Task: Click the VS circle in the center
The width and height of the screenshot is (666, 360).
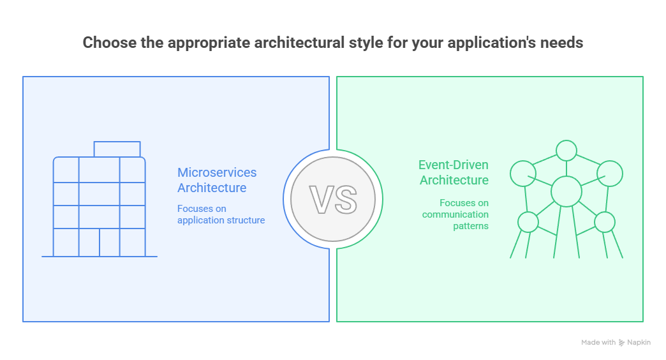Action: coord(333,199)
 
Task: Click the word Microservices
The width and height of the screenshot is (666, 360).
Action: coord(217,172)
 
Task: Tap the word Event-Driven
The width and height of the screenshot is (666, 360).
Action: coord(454,165)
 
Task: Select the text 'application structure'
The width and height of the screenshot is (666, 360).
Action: coord(221,220)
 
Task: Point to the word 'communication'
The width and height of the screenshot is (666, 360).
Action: coord(455,214)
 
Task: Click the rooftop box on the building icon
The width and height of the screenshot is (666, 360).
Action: coord(117,149)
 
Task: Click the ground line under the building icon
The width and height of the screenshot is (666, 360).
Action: coord(100,257)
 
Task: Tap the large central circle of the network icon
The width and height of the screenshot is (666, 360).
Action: coord(566,190)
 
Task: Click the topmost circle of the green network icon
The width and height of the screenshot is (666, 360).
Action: coord(566,151)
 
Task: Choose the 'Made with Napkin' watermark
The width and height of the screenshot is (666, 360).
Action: coord(616,343)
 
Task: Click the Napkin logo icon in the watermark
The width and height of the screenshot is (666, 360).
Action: coord(621,343)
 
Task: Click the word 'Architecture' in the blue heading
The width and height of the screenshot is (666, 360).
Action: coord(212,188)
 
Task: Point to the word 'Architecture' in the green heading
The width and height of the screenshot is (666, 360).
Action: coord(454,181)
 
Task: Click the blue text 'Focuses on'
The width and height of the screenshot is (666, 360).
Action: coord(202,209)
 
